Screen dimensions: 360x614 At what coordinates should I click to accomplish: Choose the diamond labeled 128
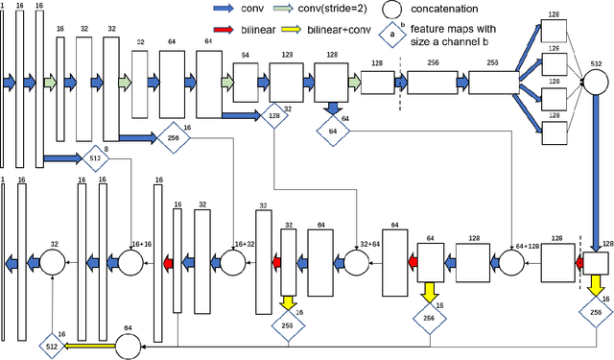click(275, 117)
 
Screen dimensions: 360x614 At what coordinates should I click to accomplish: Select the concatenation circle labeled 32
click(53, 262)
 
